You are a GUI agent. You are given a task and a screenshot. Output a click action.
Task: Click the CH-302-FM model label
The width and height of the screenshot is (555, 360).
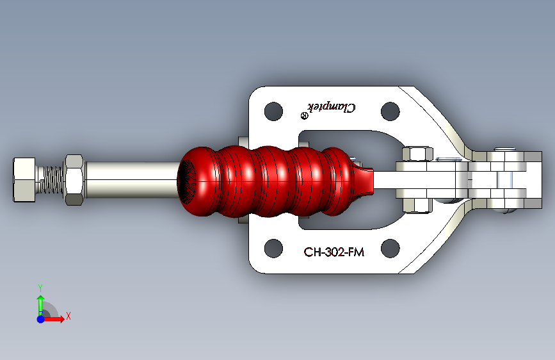(334, 252)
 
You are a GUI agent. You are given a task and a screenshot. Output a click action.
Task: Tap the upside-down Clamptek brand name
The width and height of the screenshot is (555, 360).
(332, 107)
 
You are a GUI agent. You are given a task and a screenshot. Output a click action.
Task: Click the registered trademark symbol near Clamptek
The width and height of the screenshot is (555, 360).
(305, 116)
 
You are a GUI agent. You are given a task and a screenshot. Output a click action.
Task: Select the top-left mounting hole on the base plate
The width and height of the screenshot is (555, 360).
(273, 111)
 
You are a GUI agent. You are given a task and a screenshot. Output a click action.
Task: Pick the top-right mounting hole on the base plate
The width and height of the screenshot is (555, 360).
(390, 111)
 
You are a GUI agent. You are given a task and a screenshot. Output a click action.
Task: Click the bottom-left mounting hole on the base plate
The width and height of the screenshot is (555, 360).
(273, 249)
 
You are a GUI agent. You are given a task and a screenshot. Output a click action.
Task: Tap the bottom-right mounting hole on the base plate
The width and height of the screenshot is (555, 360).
(390, 249)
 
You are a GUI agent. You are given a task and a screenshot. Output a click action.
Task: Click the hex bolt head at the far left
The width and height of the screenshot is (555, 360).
(24, 180)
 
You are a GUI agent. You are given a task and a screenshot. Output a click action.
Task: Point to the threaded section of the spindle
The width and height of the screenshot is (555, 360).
(51, 180)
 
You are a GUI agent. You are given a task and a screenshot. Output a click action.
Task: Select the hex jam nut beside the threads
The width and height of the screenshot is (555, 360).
(75, 180)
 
